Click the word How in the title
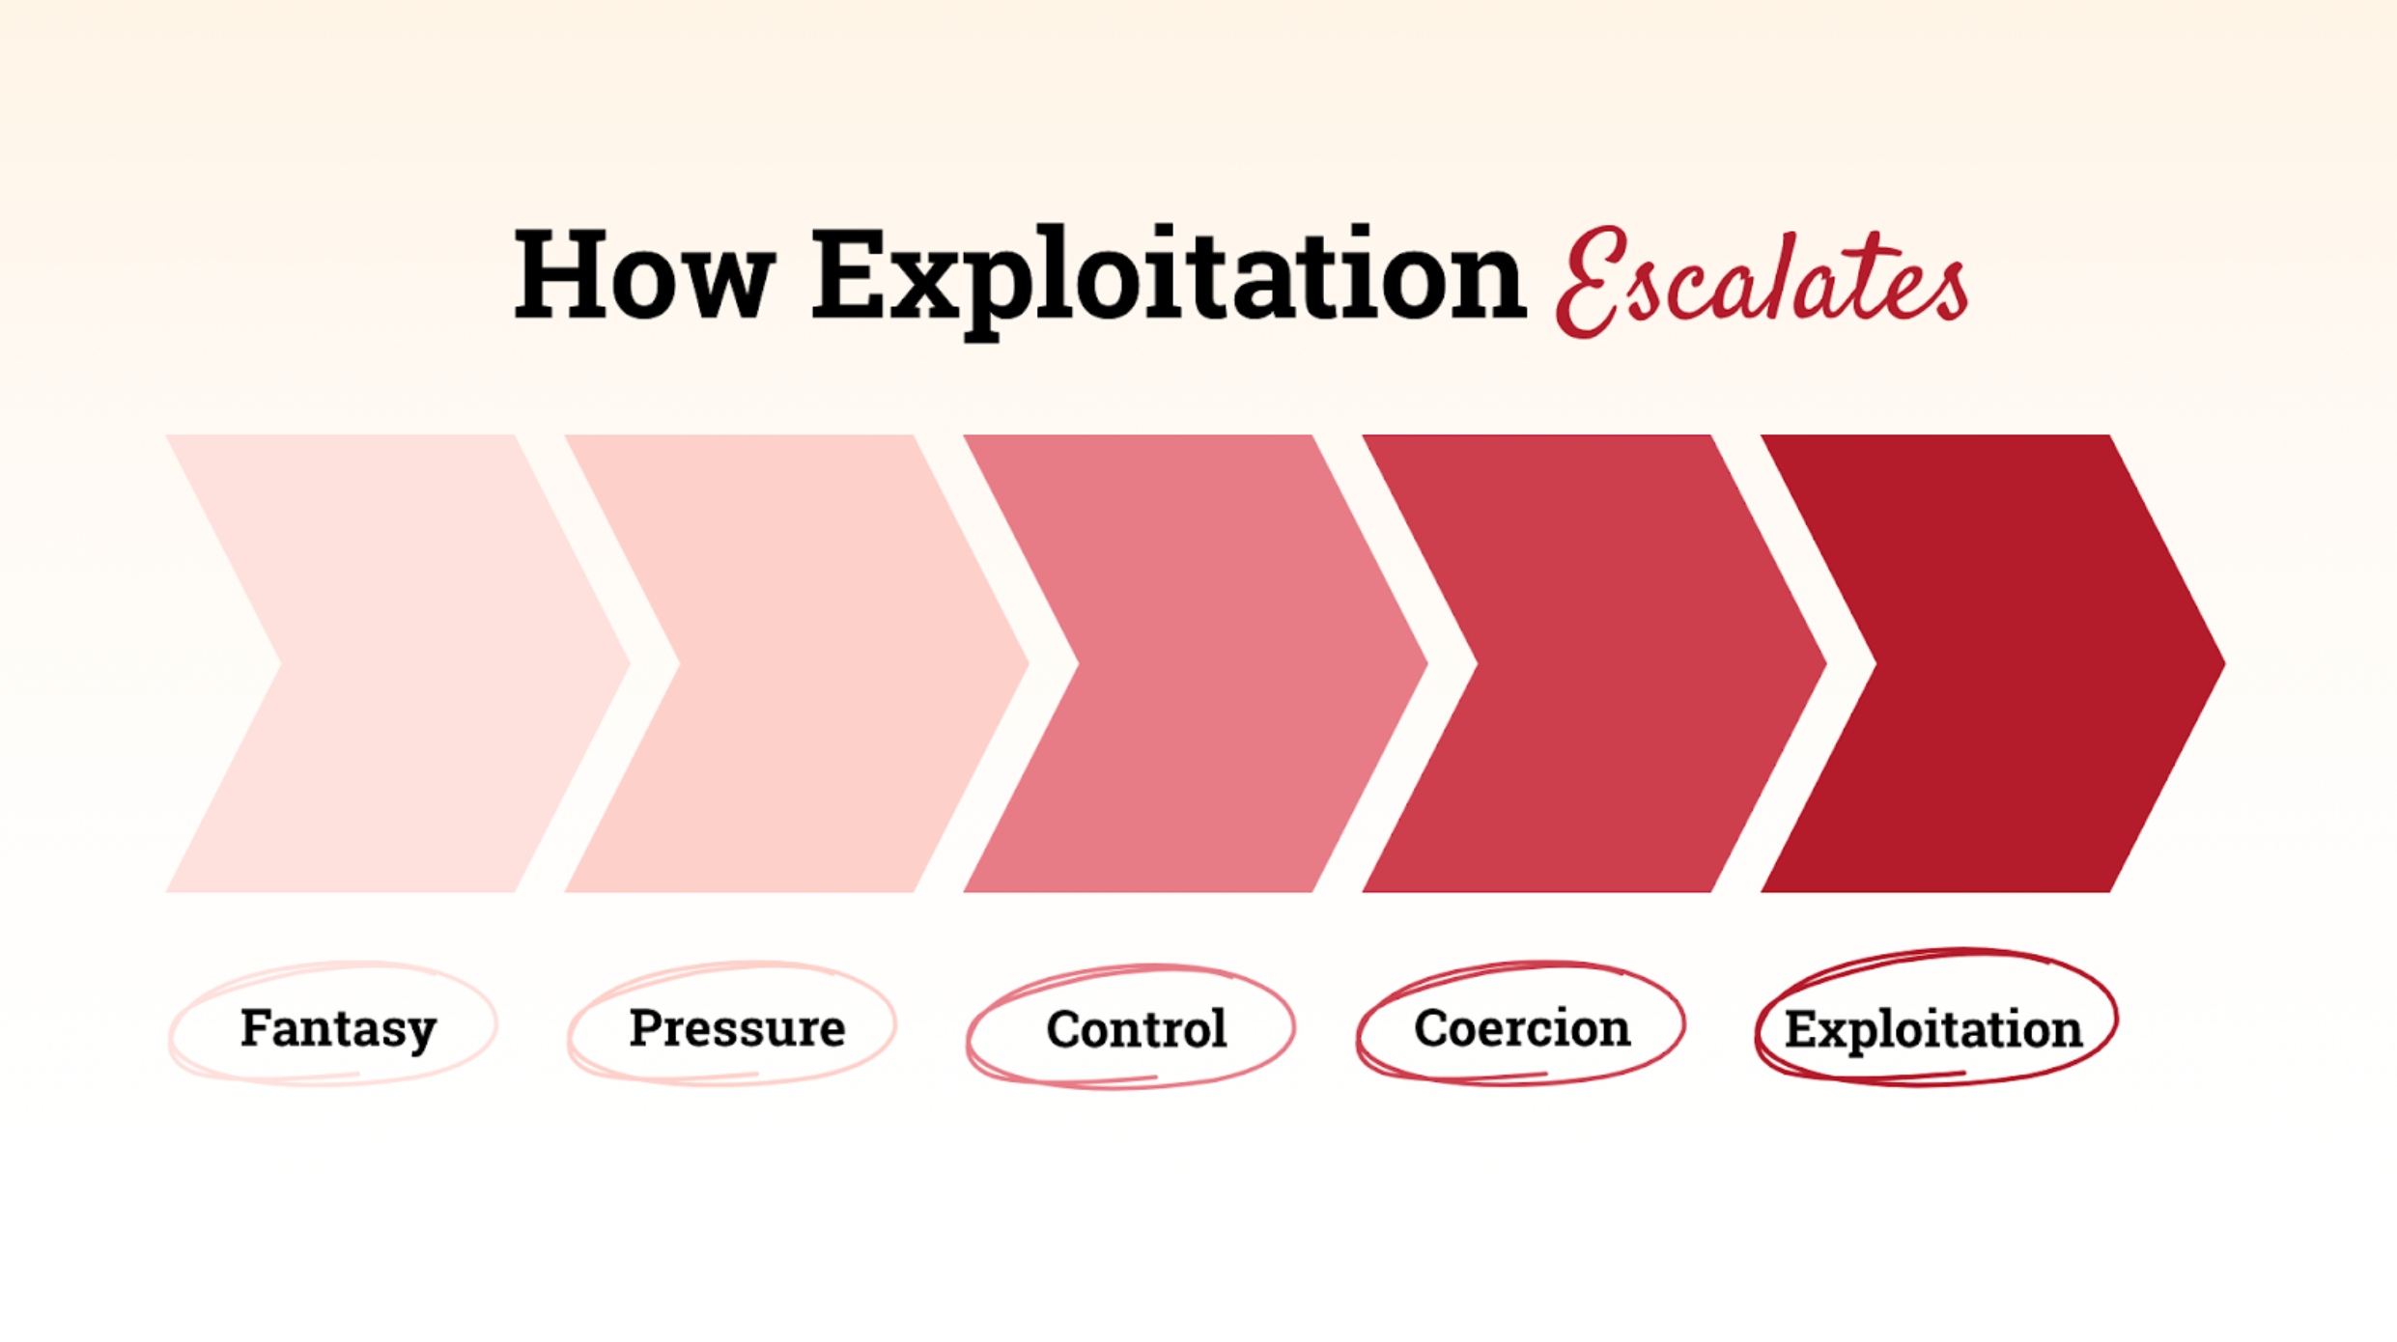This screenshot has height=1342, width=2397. click(644, 274)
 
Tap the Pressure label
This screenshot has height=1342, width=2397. click(737, 1027)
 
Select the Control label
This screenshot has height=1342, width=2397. click(1136, 1028)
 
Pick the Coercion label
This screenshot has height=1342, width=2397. click(1522, 1028)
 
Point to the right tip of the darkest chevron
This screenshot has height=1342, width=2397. click(2225, 663)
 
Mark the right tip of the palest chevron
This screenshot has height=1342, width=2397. click(631, 663)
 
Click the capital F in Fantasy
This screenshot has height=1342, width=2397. click(256, 1026)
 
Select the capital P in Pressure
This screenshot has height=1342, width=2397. click(646, 1026)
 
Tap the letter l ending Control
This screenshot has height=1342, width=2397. click(1219, 1027)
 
